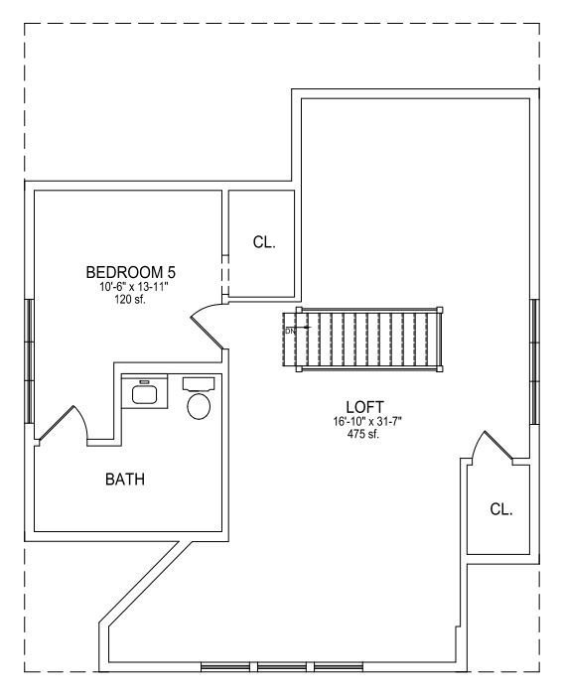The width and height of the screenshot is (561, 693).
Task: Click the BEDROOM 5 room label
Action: pyautogui.click(x=130, y=272)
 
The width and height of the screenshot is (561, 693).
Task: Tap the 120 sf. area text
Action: pyautogui.click(x=130, y=300)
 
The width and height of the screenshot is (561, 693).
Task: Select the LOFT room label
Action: pyautogui.click(x=364, y=407)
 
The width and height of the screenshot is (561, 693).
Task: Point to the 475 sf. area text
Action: pyautogui.click(x=363, y=434)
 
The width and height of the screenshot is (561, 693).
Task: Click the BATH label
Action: pyautogui.click(x=125, y=480)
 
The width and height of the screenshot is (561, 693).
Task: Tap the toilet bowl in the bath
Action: pyautogui.click(x=199, y=407)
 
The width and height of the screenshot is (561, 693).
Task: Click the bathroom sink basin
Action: pyautogui.click(x=145, y=394)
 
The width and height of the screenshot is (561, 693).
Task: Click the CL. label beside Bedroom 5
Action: pyautogui.click(x=264, y=242)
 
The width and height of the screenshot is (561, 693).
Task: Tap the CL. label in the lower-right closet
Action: pyautogui.click(x=501, y=509)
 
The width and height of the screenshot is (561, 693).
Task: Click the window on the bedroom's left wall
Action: pyautogui.click(x=29, y=361)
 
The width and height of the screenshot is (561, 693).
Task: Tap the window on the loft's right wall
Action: pyautogui.click(x=534, y=361)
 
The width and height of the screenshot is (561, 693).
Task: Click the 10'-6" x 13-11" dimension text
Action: pyautogui.click(x=134, y=287)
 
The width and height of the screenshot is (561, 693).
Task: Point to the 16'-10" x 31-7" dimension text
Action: pyautogui.click(x=367, y=422)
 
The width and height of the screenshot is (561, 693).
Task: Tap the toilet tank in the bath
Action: pyautogui.click(x=199, y=384)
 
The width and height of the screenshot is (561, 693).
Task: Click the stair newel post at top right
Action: pyautogui.click(x=440, y=310)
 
